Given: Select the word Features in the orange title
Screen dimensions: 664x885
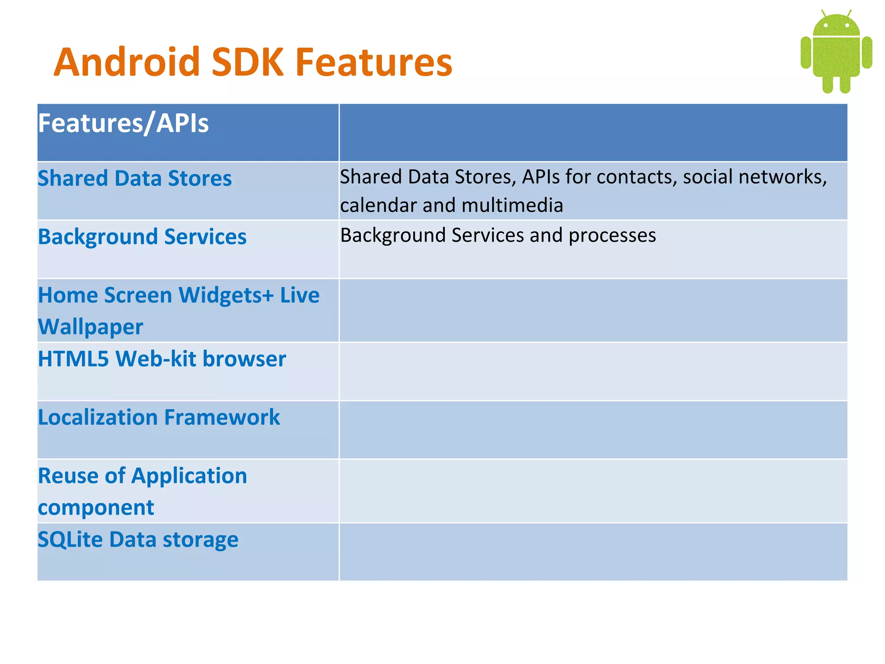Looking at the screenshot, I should [x=374, y=63].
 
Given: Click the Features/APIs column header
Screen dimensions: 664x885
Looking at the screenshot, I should [x=123, y=123].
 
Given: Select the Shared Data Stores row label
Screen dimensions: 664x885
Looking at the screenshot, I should [x=134, y=179].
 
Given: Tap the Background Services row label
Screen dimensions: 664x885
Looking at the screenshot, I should [x=142, y=237].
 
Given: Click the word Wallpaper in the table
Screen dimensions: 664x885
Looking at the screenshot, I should [x=90, y=327].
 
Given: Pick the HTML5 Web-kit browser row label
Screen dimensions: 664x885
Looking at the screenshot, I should [x=162, y=359].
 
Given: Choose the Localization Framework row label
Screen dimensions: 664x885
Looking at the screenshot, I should [x=159, y=418].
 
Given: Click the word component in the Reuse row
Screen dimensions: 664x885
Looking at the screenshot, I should [x=96, y=508].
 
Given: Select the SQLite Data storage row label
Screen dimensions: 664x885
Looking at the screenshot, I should [x=138, y=539].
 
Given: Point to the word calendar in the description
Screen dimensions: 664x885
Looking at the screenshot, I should [x=378, y=205].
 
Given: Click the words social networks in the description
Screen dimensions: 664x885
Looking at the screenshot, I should [x=754, y=177].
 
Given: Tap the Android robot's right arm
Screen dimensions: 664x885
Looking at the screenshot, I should [x=867, y=53].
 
